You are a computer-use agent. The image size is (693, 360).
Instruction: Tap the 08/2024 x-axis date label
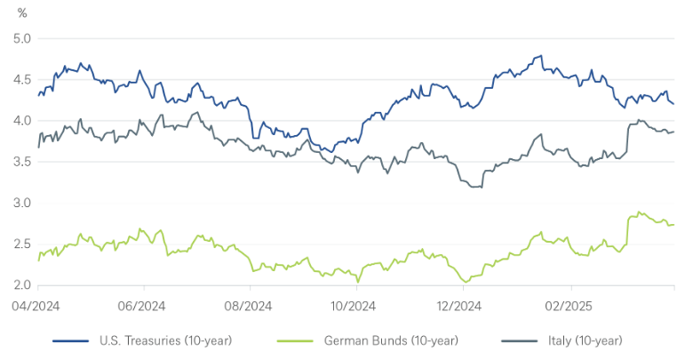tap(250, 305)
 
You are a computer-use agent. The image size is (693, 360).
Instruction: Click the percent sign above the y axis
tap(22, 13)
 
